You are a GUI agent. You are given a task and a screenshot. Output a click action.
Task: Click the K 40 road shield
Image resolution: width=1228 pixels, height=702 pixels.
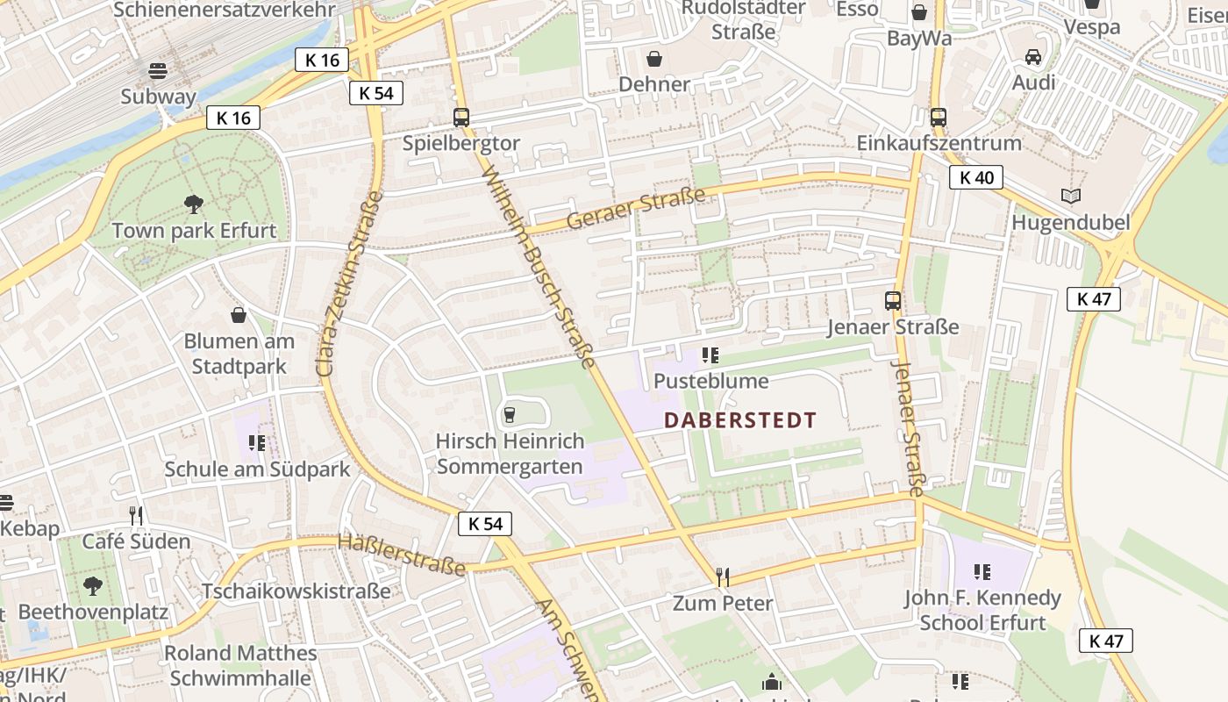click(x=976, y=178)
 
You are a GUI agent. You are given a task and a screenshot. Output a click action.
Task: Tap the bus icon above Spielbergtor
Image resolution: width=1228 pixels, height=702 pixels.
click(x=460, y=117)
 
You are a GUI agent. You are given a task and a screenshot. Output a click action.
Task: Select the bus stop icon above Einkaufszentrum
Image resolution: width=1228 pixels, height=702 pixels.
click(x=938, y=117)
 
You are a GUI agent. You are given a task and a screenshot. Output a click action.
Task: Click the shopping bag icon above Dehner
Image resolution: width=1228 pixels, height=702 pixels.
click(x=654, y=59)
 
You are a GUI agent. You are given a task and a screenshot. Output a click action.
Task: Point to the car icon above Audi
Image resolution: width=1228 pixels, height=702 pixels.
click(x=1033, y=57)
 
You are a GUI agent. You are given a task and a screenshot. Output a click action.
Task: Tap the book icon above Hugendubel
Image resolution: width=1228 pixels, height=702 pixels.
click(x=1070, y=196)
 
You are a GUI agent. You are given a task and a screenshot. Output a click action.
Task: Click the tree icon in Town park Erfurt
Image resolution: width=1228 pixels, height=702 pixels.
click(x=194, y=204)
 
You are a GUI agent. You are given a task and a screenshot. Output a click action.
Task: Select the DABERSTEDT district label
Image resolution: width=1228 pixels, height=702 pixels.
click(x=740, y=420)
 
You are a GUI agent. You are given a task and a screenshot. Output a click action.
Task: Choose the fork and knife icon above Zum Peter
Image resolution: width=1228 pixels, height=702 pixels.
click(x=723, y=577)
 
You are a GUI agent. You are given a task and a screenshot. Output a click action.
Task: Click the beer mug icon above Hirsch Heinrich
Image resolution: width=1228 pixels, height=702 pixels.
click(x=510, y=414)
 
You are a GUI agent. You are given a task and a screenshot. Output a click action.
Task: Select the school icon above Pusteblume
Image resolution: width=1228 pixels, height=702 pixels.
click(x=710, y=355)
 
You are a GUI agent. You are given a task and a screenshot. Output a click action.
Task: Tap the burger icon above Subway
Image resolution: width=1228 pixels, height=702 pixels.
click(x=158, y=70)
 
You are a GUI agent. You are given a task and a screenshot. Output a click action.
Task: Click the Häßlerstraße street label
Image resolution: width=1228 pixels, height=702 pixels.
click(x=402, y=555)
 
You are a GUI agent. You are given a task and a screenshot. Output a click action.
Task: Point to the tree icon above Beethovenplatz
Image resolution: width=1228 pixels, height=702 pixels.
click(x=92, y=585)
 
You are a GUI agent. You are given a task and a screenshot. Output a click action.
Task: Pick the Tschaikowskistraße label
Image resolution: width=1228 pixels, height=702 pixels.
click(x=296, y=591)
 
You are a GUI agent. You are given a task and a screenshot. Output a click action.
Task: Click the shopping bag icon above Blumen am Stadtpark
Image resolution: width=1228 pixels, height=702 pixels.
click(x=239, y=315)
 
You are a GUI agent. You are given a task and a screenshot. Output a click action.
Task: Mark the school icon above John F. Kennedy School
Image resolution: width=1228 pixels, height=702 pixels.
click(x=982, y=572)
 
